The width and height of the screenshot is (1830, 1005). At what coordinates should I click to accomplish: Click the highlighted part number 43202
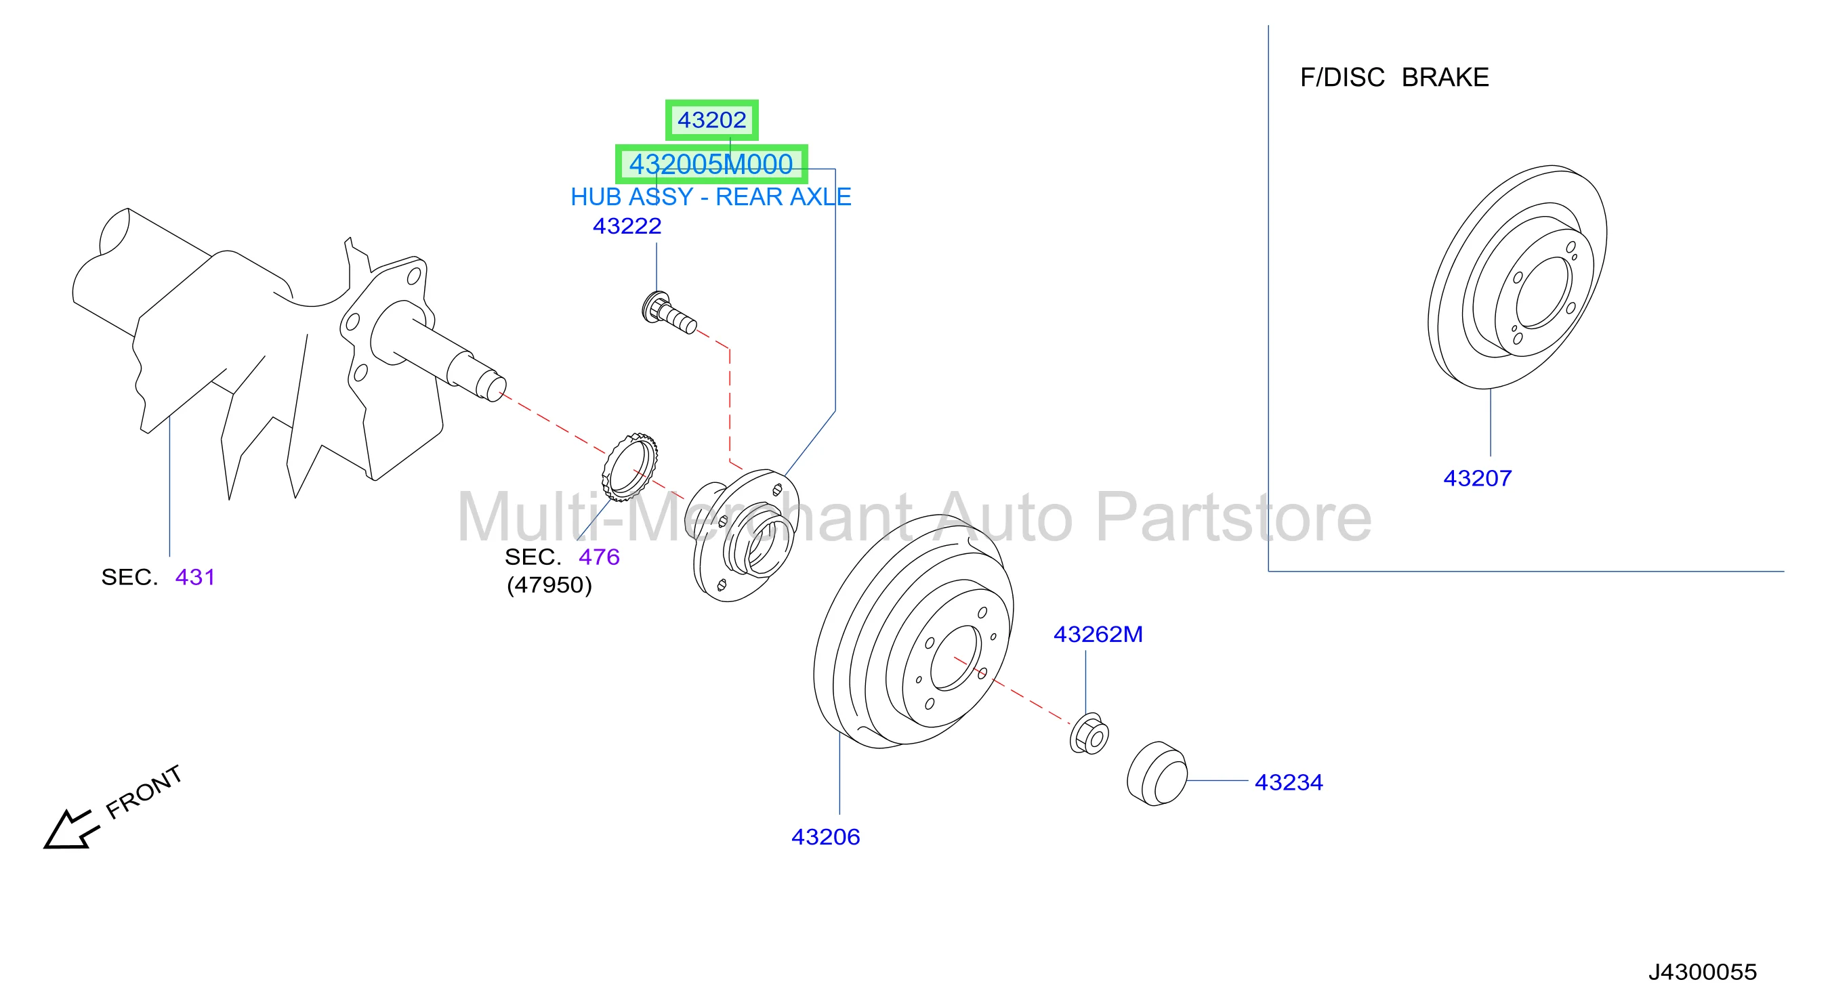(x=711, y=120)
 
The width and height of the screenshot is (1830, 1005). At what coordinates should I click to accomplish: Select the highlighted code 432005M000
(x=711, y=164)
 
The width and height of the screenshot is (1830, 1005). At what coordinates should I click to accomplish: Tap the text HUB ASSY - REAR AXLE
(x=711, y=197)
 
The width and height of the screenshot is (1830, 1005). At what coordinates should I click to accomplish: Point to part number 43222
(x=627, y=226)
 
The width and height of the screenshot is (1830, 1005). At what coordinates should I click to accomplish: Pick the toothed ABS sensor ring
(x=629, y=467)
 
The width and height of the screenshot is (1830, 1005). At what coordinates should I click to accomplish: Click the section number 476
(x=599, y=557)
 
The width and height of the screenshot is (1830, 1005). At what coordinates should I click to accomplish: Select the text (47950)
(x=549, y=585)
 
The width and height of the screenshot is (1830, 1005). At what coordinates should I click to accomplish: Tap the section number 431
(x=194, y=577)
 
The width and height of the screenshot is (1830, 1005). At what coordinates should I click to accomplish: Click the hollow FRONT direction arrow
(x=69, y=830)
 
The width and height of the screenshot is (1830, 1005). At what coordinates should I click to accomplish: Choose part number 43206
(x=825, y=836)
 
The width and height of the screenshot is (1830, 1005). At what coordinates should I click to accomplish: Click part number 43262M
(x=1098, y=635)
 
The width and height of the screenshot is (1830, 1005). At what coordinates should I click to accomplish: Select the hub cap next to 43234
(x=1157, y=774)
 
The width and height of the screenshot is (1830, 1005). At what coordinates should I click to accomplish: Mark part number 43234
(x=1289, y=782)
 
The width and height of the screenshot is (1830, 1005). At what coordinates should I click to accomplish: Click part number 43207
(x=1477, y=478)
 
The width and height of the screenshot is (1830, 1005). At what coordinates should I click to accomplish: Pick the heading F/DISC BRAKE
(x=1394, y=77)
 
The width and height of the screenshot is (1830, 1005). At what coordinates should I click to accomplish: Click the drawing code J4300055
(x=1702, y=972)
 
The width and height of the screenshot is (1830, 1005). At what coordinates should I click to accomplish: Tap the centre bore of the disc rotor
(x=1542, y=293)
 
